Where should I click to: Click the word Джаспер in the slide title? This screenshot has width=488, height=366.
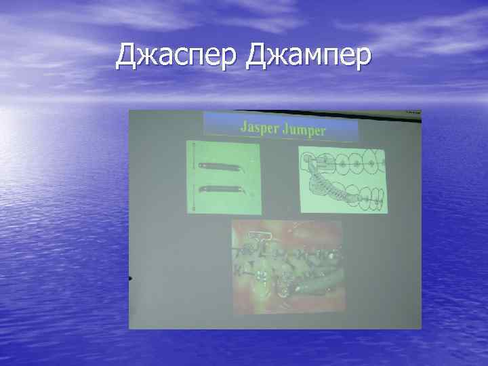click(x=178, y=57)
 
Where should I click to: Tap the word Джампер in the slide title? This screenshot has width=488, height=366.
click(x=308, y=57)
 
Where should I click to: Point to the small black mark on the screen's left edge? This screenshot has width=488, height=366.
click(x=129, y=279)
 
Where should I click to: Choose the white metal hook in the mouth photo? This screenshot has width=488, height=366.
click(x=260, y=238)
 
